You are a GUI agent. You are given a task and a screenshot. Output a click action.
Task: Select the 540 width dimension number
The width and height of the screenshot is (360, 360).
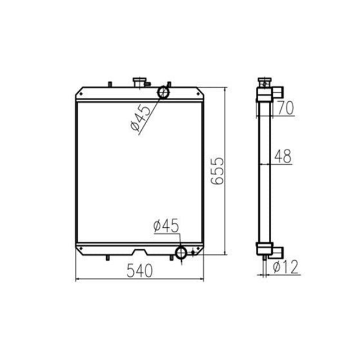pos(139,271)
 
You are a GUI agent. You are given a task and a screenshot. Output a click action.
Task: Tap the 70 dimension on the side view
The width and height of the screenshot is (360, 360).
pos(285,108)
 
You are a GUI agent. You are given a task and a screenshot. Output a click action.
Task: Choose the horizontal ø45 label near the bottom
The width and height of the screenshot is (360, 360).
pos(165,226)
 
